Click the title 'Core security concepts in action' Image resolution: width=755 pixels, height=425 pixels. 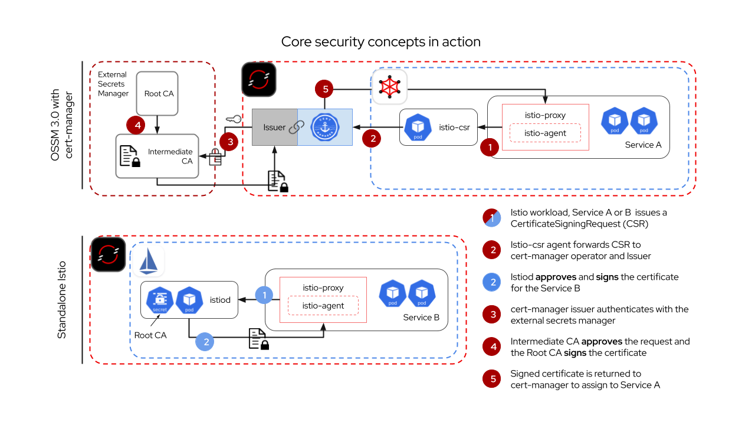[380, 42]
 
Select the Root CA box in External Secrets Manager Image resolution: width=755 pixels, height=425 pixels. [159, 93]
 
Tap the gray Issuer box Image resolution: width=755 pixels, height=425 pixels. [275, 127]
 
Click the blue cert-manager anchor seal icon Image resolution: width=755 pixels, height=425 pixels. [325, 127]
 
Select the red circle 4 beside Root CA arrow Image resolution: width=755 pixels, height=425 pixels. [136, 125]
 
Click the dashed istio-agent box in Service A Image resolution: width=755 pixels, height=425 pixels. [546, 133]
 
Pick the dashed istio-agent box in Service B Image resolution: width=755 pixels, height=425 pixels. [323, 305]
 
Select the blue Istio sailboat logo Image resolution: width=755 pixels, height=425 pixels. [148, 261]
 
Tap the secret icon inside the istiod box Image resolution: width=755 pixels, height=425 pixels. [160, 300]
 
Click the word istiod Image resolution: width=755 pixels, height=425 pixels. [220, 300]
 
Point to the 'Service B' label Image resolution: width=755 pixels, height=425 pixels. [421, 317]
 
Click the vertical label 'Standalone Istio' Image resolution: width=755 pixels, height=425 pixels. [61, 300]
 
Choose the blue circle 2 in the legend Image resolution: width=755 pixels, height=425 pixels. [492, 282]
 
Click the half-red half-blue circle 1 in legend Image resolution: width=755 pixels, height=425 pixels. [492, 218]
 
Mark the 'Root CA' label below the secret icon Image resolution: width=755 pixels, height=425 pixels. [150, 335]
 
